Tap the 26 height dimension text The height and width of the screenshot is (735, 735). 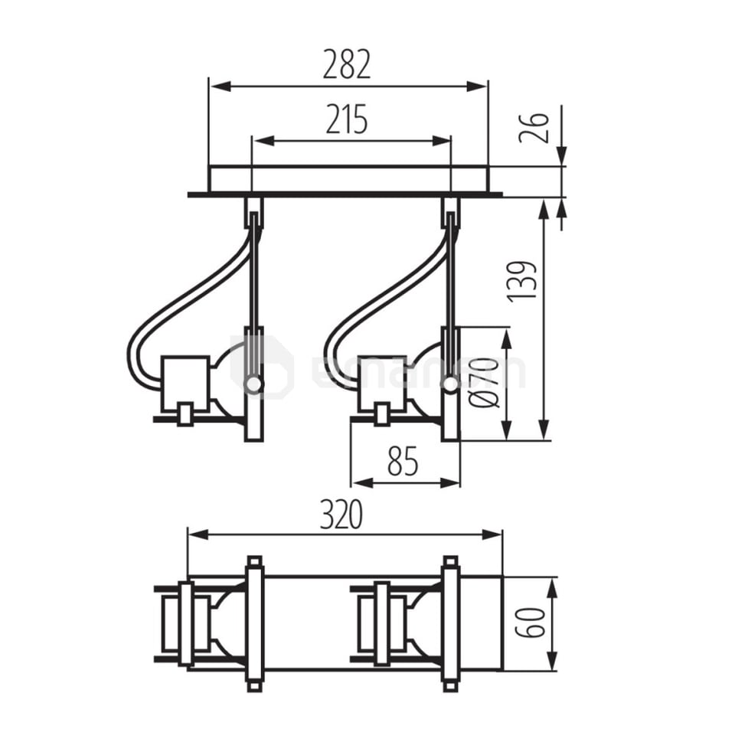534,128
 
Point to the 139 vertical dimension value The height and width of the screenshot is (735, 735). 522,281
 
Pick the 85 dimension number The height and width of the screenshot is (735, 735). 403,462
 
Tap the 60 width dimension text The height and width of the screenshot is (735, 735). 529,623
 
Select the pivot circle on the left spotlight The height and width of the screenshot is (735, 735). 253,384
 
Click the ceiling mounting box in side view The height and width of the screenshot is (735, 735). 348,178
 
